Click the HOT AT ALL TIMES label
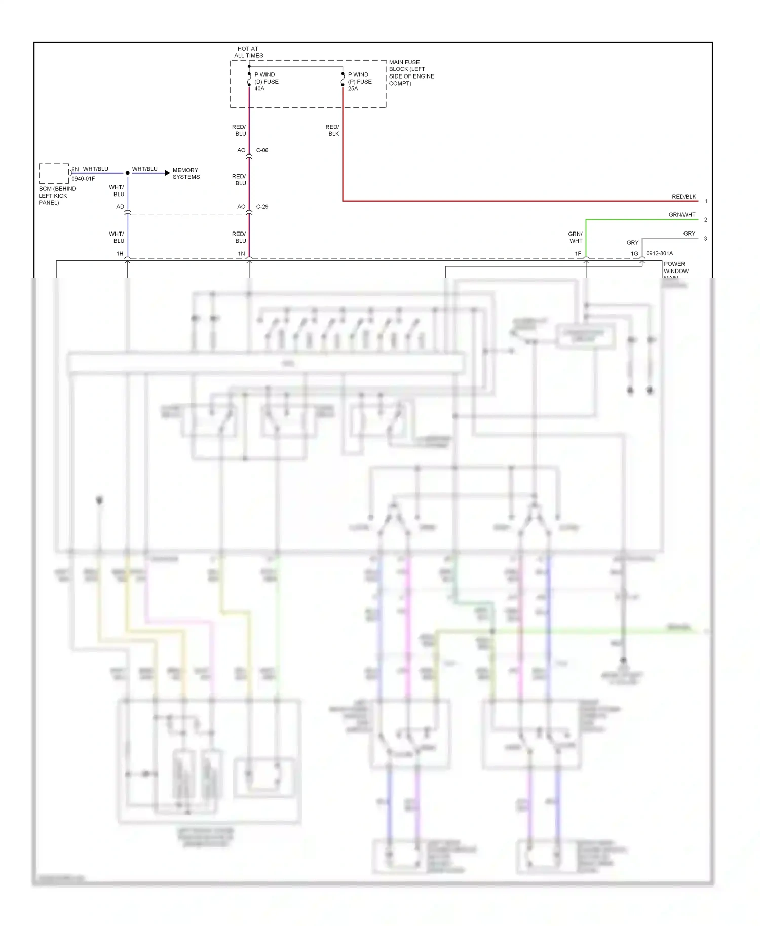coord(248,52)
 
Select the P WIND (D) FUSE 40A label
coord(266,82)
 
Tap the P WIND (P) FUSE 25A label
coord(359,82)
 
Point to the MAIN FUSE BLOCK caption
coord(411,72)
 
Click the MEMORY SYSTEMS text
coord(186,174)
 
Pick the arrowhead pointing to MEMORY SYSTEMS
coord(167,173)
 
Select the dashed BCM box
coord(54,173)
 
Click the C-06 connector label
coord(262,150)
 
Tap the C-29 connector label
coord(262,207)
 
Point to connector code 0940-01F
coord(83,179)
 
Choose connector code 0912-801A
coord(659,253)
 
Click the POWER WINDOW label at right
coord(675,267)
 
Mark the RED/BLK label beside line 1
coord(683,197)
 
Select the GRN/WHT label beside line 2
coord(682,215)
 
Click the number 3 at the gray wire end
coord(705,239)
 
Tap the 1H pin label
coord(120,254)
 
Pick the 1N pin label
coord(242,254)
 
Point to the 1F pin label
coord(578,254)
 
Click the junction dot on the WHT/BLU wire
coord(128,173)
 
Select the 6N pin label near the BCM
coord(75,169)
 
